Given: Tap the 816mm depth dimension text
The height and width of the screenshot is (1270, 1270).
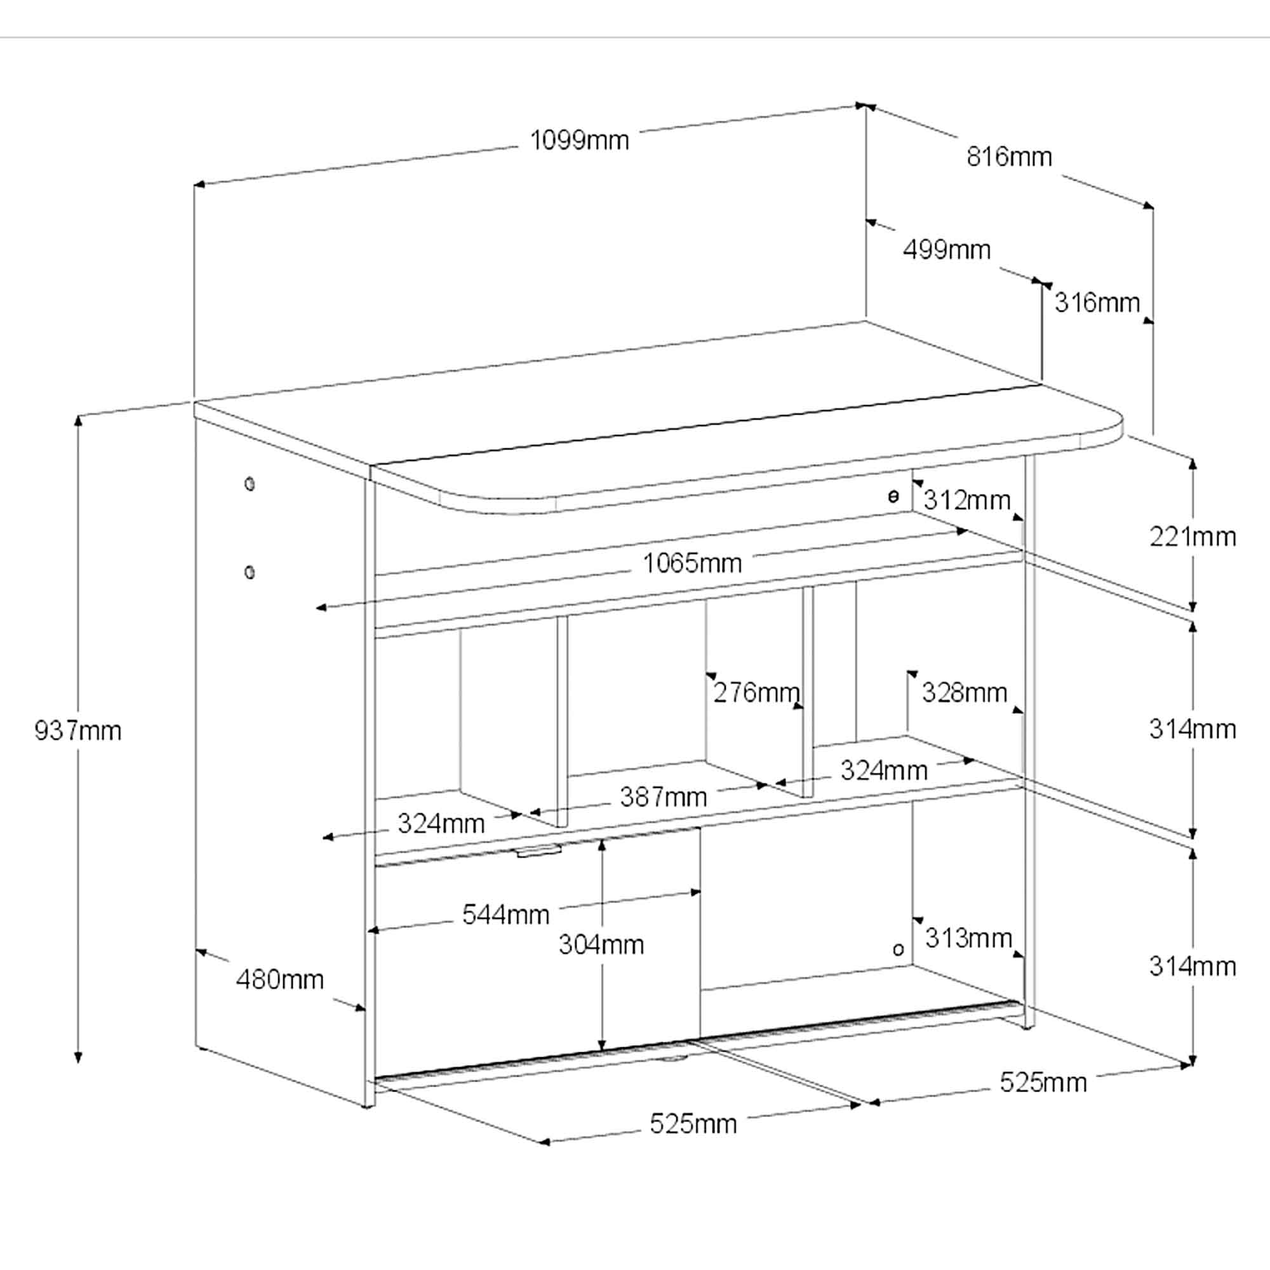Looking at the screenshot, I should point(1009,157).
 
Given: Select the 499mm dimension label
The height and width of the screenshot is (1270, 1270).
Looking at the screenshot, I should point(947,250).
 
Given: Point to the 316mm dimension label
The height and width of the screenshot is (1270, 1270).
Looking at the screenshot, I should point(1097,303).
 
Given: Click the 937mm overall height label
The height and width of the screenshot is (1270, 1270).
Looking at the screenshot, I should point(78,731).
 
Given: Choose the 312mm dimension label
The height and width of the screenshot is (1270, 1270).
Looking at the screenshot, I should point(967,501).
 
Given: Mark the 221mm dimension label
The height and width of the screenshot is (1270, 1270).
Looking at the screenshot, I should point(1193,537).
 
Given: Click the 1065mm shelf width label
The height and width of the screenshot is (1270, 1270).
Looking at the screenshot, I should point(692,563).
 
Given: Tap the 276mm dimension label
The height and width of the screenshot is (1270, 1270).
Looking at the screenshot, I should point(757,692).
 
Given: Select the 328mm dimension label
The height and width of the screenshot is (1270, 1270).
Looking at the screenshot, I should point(965,692).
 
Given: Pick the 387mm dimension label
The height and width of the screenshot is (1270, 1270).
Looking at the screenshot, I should point(664,798).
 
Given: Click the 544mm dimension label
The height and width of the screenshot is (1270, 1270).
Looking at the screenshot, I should point(505,914).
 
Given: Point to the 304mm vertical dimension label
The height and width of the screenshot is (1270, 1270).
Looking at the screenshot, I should point(601,945).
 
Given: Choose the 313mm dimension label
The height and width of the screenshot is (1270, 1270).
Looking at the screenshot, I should point(968,938).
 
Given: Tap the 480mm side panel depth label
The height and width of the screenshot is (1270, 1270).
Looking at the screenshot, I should point(280,980).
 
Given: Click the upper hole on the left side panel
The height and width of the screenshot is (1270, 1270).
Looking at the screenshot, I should point(249,485).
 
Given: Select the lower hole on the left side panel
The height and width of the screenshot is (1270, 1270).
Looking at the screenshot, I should point(249,572).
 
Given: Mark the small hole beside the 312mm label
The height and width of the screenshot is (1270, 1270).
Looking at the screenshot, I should point(893,497).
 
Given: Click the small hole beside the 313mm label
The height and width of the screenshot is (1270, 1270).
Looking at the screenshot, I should point(898,949).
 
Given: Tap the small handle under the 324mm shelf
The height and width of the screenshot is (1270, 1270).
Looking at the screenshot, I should point(538,853).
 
